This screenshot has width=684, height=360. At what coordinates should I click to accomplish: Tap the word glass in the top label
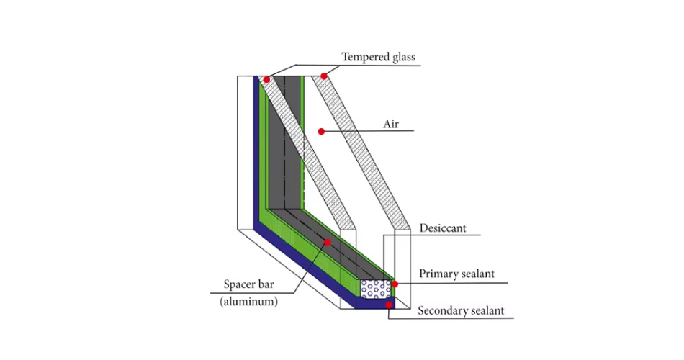coord(402,57)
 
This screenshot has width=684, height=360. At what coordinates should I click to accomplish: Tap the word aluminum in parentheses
coord(248,302)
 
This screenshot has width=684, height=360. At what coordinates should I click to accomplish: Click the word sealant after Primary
coord(482,274)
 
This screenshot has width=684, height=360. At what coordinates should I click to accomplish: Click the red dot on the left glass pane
coord(266,79)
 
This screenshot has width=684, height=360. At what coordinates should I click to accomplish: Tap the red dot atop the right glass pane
coord(325,76)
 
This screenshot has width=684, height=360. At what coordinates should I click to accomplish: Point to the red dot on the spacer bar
coord(328,242)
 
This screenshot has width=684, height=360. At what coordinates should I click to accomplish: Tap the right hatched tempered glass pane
coord(360,151)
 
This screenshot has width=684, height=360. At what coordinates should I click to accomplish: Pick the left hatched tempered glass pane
coord(302,151)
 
